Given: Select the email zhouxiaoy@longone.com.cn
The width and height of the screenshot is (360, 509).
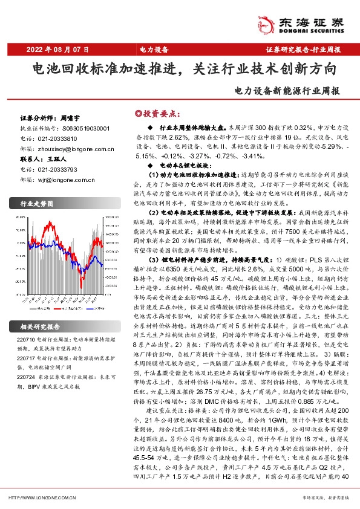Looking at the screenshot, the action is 72,148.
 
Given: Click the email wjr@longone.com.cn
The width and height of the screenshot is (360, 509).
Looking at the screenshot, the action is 63,180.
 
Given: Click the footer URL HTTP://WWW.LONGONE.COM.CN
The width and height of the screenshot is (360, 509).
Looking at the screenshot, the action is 43,497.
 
